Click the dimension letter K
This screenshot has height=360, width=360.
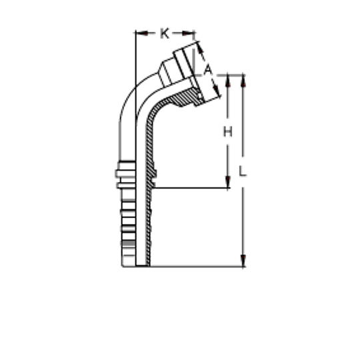(x=165, y=33)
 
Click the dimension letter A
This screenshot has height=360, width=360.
(x=208, y=70)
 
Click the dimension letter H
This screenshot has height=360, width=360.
(x=228, y=132)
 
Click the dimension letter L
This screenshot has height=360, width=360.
(x=243, y=171)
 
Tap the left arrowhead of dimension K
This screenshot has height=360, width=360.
(x=141, y=33)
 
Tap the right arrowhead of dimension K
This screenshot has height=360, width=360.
(x=189, y=33)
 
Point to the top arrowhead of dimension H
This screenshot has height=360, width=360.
(x=228, y=81)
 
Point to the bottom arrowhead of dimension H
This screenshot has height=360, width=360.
(x=228, y=182)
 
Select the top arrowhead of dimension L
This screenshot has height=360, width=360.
(x=243, y=81)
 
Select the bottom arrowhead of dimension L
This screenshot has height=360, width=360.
(x=243, y=261)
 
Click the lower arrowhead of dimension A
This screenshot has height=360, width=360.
(x=216, y=91)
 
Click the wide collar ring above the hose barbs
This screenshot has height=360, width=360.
(x=125, y=173)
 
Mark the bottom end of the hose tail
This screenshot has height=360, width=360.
(x=136, y=266)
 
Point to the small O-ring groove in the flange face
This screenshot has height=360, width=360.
(x=200, y=95)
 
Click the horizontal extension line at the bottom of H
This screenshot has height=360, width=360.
(x=192, y=188)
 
